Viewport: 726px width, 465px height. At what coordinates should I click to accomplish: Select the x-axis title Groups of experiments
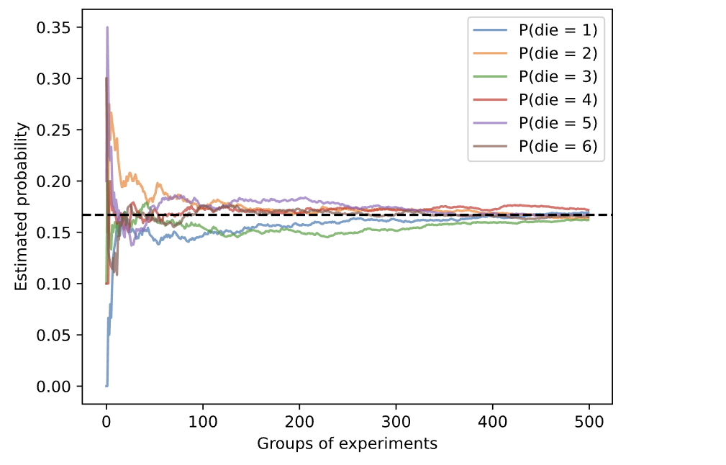[x=347, y=443]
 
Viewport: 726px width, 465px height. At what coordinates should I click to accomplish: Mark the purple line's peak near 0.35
[x=107, y=27]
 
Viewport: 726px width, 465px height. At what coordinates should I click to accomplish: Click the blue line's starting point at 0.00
[x=106, y=386]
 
